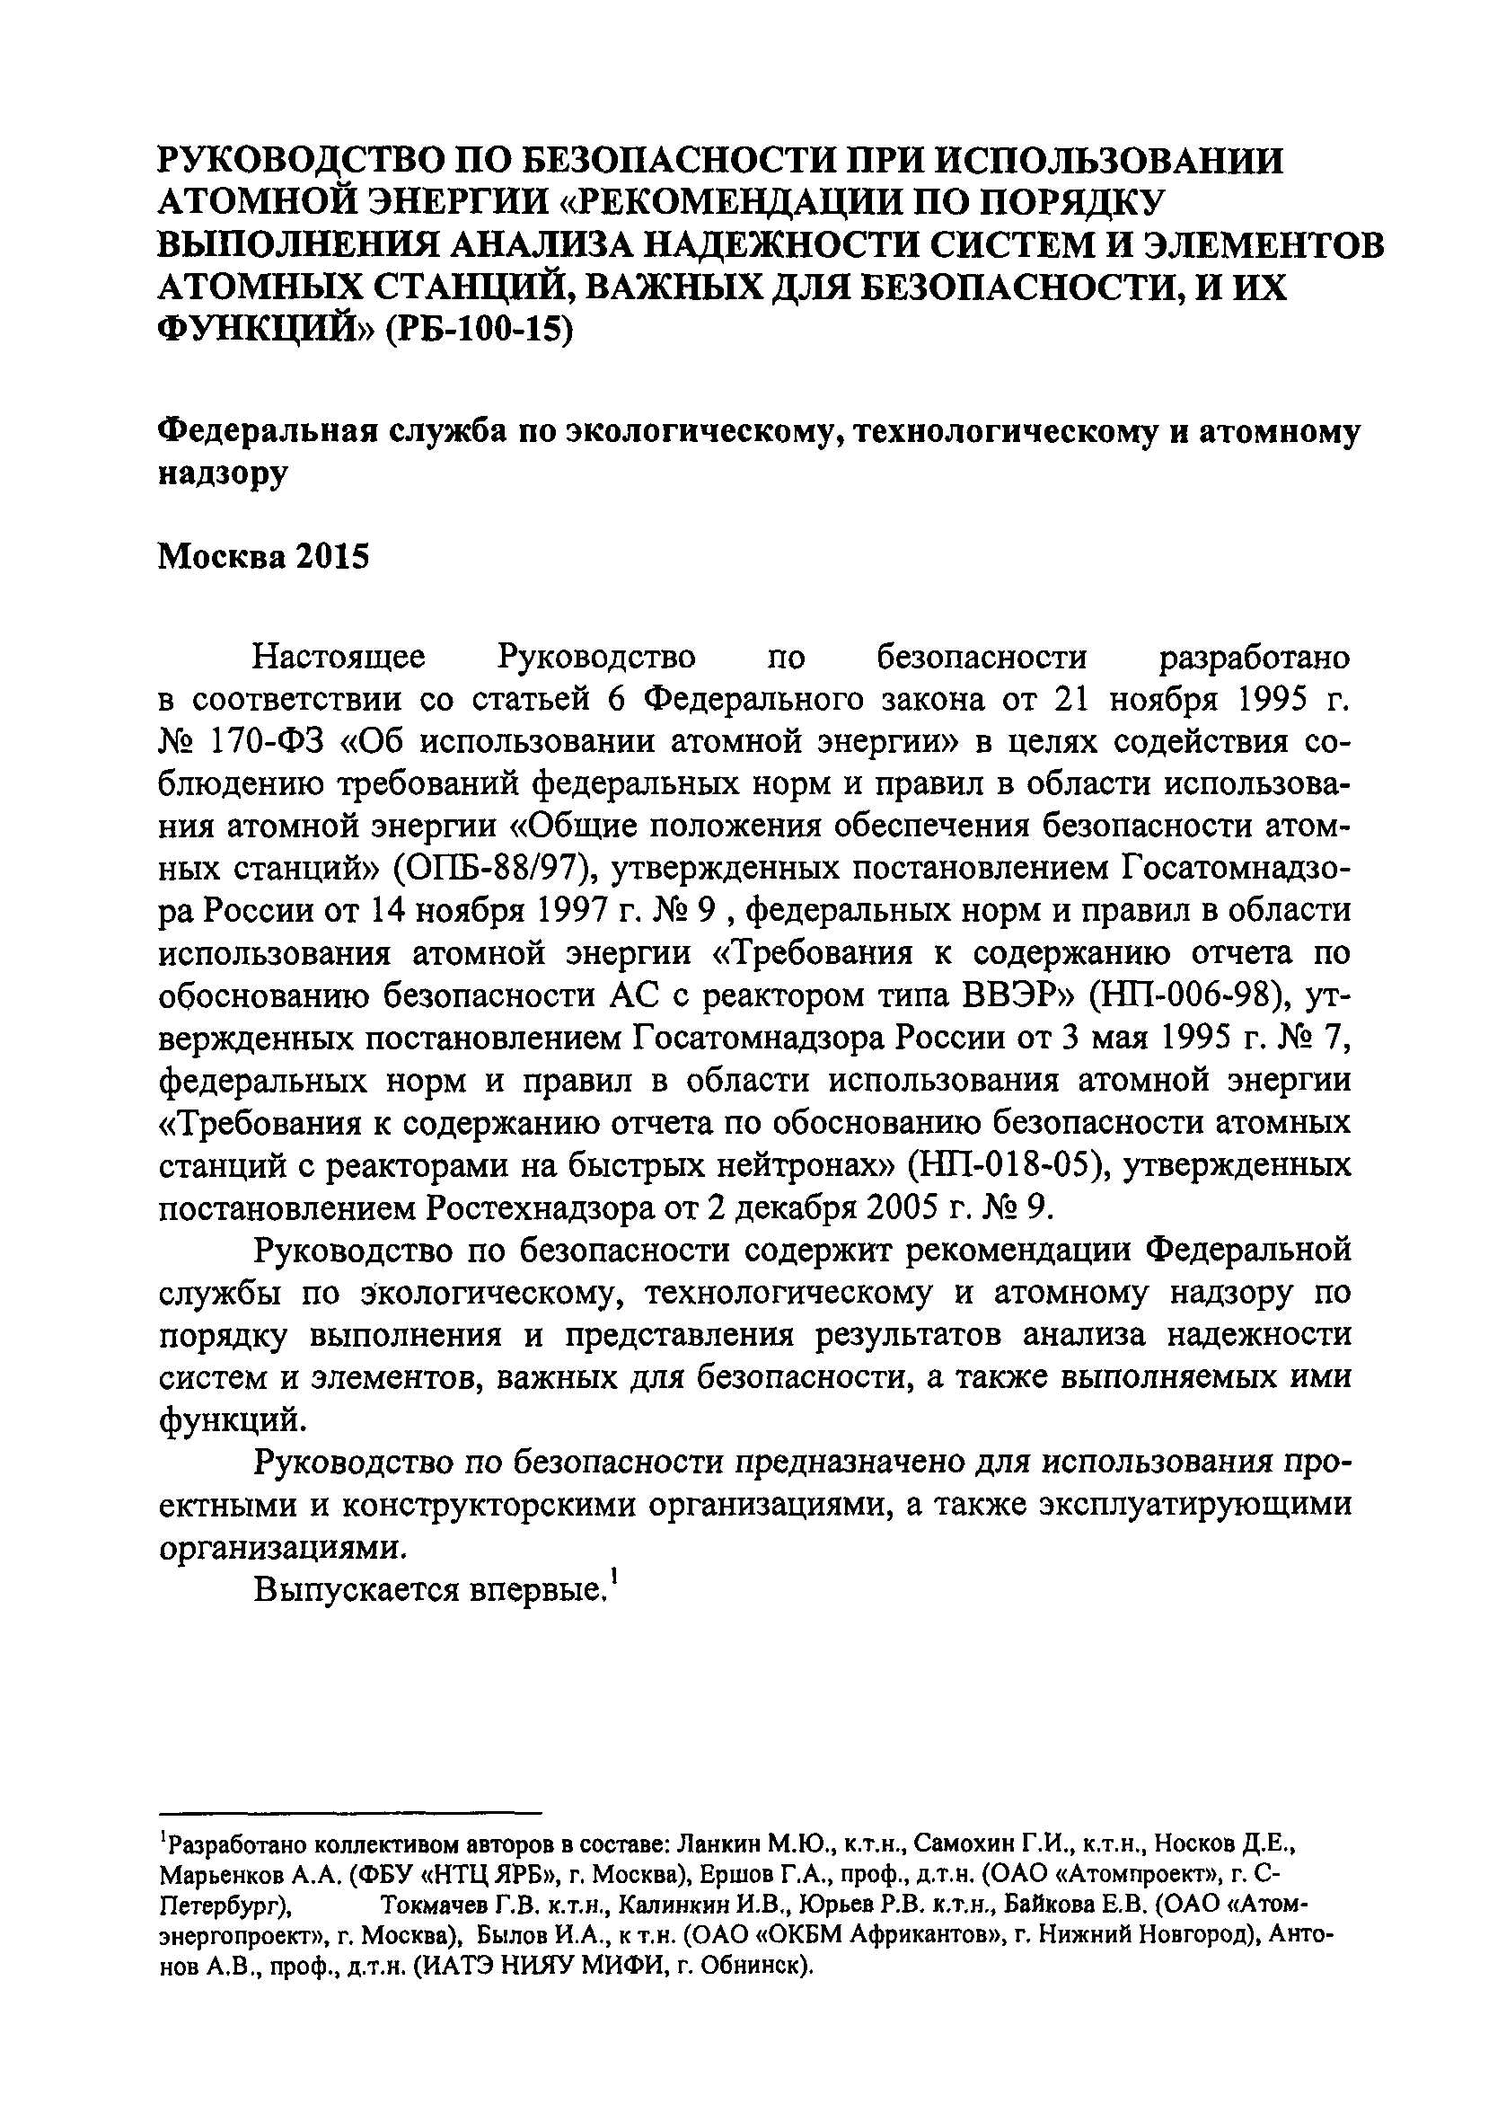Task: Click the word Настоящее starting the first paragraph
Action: (339, 657)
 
